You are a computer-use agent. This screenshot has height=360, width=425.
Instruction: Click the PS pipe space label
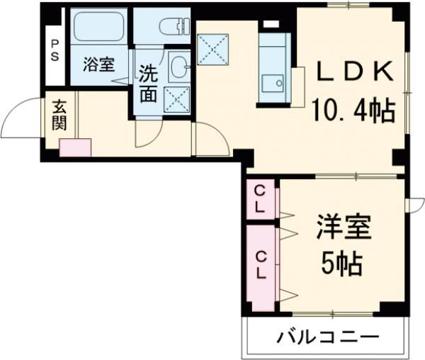point(55,50)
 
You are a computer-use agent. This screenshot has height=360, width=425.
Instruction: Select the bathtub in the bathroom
point(98,29)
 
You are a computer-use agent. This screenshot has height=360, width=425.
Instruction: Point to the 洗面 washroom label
point(147,84)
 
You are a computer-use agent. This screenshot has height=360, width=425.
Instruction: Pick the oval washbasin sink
point(178,68)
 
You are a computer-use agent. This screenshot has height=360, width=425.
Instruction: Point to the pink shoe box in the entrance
point(75,147)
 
